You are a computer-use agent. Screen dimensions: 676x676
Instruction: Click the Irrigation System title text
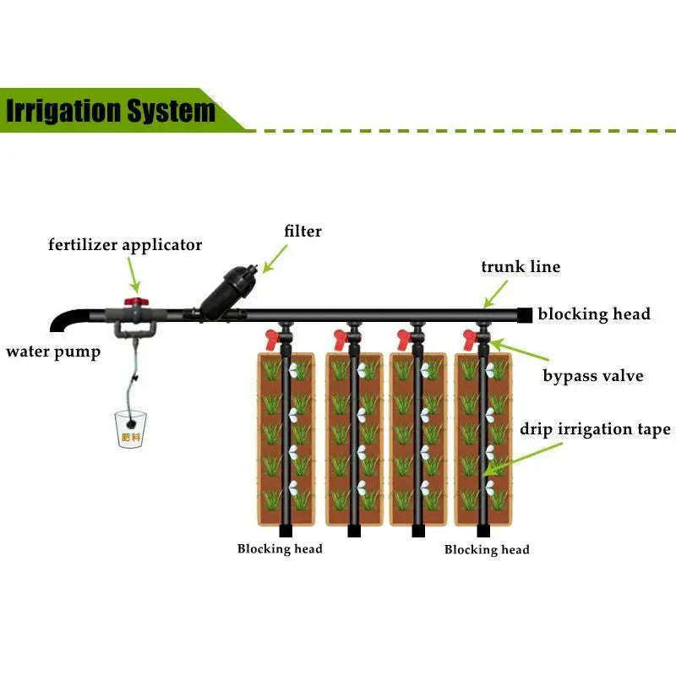(111, 111)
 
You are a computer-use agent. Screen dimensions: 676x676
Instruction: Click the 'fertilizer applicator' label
(125, 245)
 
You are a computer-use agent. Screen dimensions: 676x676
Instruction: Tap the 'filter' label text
(303, 230)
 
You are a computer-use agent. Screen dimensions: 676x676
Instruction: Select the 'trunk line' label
(521, 267)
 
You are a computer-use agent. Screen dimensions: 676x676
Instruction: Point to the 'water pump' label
(53, 352)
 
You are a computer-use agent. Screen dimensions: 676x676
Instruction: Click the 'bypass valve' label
(592, 375)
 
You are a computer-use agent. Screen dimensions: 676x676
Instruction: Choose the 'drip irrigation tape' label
(595, 429)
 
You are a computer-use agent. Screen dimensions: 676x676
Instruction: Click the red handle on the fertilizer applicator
(132, 299)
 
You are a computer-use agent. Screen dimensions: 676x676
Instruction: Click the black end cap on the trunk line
(525, 314)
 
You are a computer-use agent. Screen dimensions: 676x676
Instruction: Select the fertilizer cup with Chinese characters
(130, 429)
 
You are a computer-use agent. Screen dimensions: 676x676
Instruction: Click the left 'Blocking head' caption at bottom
(280, 549)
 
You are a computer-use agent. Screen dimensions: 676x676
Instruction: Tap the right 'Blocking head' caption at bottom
(487, 550)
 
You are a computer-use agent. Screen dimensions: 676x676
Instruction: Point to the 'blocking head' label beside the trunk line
(594, 314)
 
